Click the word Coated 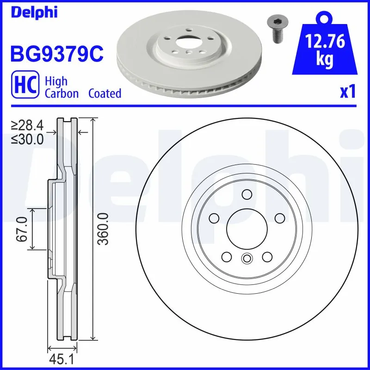click(x=105, y=93)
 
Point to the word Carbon click(x=62, y=93)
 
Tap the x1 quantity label click(x=347, y=92)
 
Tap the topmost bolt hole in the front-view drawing click(x=247, y=194)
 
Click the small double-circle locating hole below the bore click(x=247, y=259)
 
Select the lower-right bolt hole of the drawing click(x=267, y=256)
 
